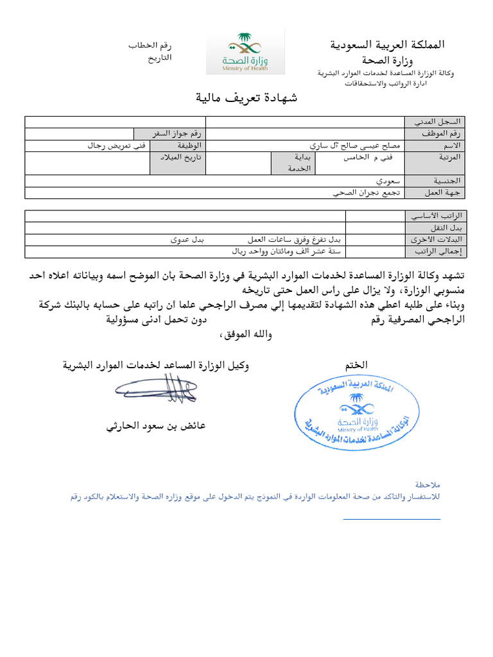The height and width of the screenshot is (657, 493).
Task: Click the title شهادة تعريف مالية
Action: (x=246, y=98)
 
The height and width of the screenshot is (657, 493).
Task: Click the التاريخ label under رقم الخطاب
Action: (x=159, y=57)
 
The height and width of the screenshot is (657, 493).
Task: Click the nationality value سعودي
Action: (x=390, y=181)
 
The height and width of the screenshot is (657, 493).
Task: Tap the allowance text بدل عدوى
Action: (x=187, y=240)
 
